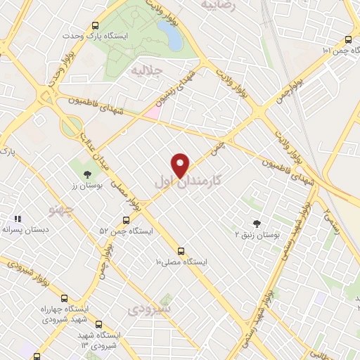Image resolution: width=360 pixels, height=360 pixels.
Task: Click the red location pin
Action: pos(181,165)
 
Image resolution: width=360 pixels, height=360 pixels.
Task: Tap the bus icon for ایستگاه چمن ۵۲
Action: pos(126,220)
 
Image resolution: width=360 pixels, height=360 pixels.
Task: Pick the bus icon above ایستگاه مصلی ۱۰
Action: pos(181,250)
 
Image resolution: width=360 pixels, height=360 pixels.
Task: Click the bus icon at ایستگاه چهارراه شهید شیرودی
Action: pos(65,298)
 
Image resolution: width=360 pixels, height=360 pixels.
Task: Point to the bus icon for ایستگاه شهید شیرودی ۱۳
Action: pos(98,326)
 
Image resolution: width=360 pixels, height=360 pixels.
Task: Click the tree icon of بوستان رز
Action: pos(86,174)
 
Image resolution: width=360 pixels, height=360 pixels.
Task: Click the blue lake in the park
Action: pos(169,34)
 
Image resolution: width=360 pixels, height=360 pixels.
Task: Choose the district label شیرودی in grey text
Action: pos(150,309)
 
